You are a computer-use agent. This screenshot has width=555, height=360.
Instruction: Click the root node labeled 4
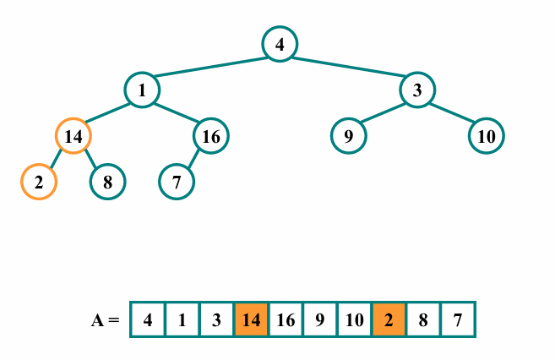point(279,44)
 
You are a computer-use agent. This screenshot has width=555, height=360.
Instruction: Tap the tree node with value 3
point(417,90)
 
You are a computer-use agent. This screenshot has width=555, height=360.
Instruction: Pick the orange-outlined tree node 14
point(73,135)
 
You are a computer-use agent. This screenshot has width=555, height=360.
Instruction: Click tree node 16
point(211,135)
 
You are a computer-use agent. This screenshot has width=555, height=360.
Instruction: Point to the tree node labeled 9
point(348,135)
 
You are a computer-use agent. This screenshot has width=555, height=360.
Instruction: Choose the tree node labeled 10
point(486,135)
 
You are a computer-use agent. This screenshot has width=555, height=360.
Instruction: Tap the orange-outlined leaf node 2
point(39,181)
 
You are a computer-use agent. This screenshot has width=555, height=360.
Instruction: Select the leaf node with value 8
point(108,181)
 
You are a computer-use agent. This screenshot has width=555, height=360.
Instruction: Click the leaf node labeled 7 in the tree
point(177,181)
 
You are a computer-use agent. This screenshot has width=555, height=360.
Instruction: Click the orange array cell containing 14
point(252,320)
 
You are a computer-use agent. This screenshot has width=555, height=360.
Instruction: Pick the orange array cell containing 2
point(389,320)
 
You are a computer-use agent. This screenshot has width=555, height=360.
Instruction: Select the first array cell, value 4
point(148,320)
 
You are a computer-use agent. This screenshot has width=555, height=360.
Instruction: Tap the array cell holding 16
point(286,320)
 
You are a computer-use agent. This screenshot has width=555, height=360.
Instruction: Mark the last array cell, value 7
point(458,320)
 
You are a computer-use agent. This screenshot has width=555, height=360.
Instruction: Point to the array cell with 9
point(320,320)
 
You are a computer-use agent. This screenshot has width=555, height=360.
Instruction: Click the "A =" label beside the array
point(106,320)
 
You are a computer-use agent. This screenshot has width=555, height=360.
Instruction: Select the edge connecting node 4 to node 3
point(348,67)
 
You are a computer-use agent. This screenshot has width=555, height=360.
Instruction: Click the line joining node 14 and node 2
point(57,158)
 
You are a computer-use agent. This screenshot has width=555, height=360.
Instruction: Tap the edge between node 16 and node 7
point(194,158)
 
